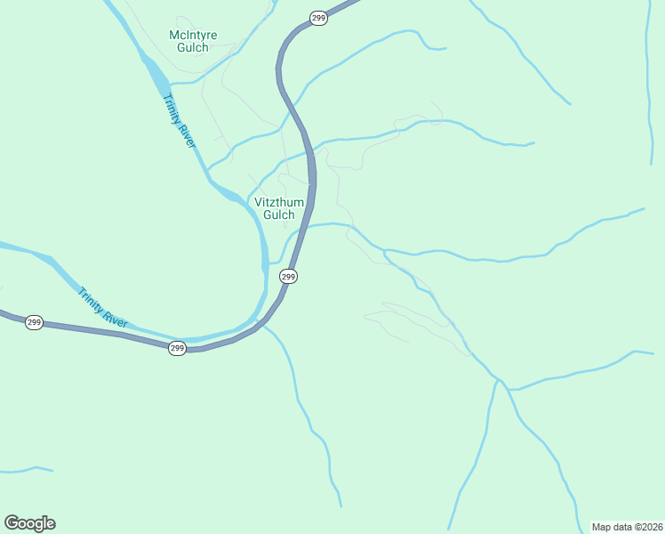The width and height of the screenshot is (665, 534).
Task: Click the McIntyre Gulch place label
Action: point(193,41)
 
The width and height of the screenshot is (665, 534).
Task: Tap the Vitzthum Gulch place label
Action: point(279,208)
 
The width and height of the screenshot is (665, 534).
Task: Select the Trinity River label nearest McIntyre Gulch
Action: point(179,122)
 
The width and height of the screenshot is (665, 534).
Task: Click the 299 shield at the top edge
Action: point(318,18)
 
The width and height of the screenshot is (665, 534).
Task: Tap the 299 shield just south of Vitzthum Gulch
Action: point(288,277)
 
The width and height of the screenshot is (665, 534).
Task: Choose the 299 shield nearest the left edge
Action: point(34,322)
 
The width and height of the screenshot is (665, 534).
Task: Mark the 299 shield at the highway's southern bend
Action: point(177,348)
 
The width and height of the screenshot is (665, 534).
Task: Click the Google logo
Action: point(29,523)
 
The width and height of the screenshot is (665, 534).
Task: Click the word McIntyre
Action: point(193,36)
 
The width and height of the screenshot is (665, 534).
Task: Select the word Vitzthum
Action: point(279,202)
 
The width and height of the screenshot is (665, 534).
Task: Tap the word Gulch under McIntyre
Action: point(193,47)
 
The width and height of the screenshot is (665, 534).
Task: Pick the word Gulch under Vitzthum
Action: point(279,214)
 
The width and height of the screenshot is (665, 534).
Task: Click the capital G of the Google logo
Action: point(12,523)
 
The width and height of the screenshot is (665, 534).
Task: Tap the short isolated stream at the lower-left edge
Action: point(27,469)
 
